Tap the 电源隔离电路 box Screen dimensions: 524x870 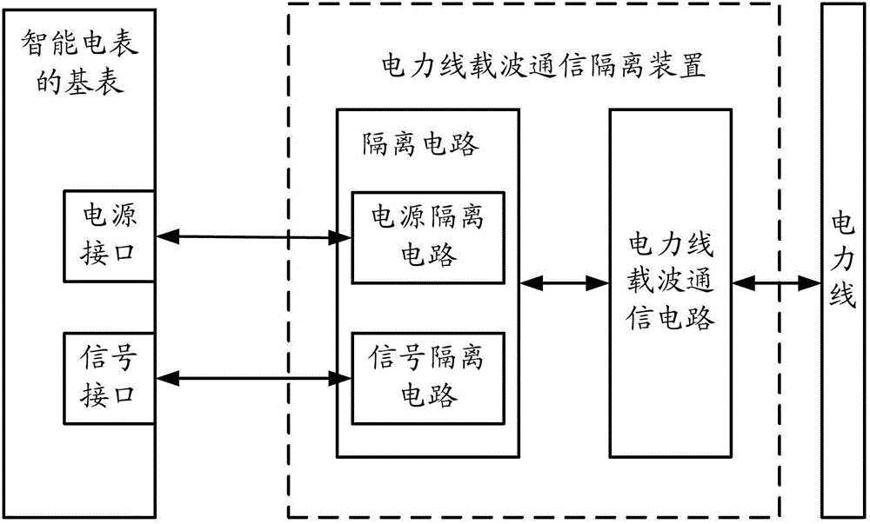pos(428,236)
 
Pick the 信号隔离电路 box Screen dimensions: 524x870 pos(428,377)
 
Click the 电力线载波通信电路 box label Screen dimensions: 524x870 pos(671,282)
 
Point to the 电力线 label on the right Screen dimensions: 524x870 pos(844,261)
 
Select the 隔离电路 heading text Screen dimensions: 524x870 pos(419,144)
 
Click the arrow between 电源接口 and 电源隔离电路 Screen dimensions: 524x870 pos(252,235)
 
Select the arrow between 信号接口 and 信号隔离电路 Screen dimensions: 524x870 pos(252,377)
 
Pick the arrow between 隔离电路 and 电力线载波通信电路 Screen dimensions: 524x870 pos(564,282)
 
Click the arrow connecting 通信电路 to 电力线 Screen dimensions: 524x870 pos(776,282)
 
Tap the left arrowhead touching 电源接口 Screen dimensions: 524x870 pos(165,235)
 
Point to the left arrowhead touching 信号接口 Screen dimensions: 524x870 pos(165,377)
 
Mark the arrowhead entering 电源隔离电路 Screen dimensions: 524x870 pos(341,235)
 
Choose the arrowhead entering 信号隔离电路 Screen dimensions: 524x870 pos(341,377)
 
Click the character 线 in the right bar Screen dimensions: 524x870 pos(844,295)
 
